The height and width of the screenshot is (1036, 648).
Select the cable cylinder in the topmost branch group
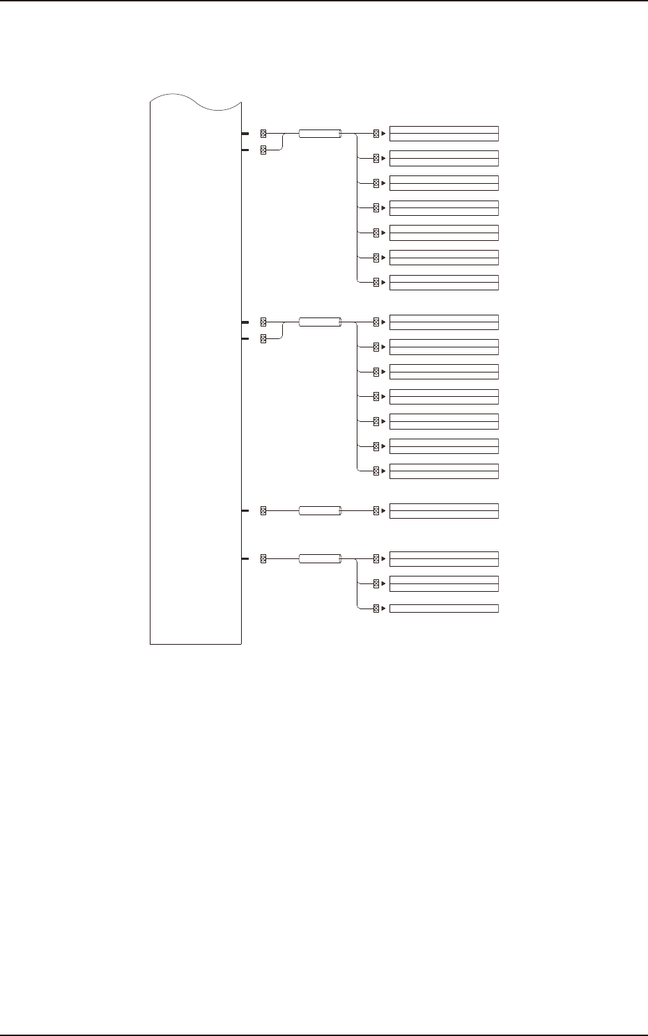point(320,133)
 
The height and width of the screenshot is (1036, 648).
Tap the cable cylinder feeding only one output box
point(320,511)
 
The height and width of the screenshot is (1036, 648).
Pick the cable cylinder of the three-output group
point(320,558)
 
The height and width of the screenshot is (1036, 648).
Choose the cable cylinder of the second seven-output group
point(320,322)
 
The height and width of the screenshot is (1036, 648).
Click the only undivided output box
point(444,609)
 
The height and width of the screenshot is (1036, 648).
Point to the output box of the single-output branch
point(444,511)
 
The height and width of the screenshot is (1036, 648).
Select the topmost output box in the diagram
point(444,133)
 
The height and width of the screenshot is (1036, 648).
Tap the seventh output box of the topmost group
point(444,282)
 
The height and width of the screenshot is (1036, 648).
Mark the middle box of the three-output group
point(444,583)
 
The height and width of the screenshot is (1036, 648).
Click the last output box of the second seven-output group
point(444,471)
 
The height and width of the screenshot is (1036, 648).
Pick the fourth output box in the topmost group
point(444,207)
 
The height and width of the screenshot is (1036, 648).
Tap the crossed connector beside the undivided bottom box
point(376,609)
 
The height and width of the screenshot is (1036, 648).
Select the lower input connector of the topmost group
point(263,150)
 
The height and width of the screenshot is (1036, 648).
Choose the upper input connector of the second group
point(263,322)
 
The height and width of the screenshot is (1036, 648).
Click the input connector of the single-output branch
point(263,511)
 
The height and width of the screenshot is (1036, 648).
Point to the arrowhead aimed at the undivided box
point(384,609)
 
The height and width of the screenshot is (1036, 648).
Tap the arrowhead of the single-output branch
point(384,511)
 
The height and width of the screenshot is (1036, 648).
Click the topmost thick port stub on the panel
point(245,133)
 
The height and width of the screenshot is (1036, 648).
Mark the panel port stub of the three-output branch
point(245,558)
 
